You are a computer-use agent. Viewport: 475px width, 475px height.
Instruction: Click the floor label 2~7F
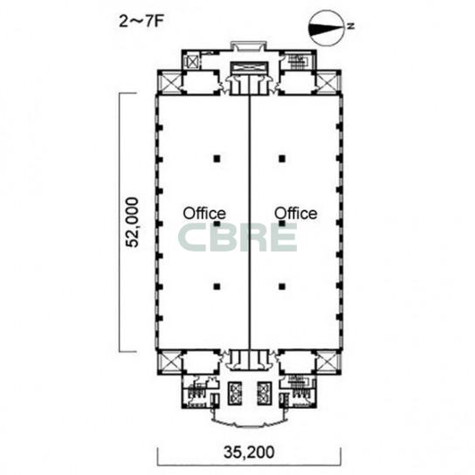point(141,22)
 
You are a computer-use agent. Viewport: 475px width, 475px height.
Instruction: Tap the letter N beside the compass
point(351,26)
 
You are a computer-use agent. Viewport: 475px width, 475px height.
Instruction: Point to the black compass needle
point(326,28)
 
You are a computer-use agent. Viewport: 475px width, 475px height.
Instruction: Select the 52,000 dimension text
point(133,222)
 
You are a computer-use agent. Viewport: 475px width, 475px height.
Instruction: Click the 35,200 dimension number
point(249,452)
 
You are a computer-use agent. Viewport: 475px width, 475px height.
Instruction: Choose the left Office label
point(204,213)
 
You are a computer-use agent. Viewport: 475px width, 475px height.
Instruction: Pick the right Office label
point(296,213)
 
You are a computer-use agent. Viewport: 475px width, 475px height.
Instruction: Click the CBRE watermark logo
point(237,237)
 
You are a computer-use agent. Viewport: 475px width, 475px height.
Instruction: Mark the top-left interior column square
point(217,158)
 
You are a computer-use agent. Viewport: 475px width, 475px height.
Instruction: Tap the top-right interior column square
point(282,158)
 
